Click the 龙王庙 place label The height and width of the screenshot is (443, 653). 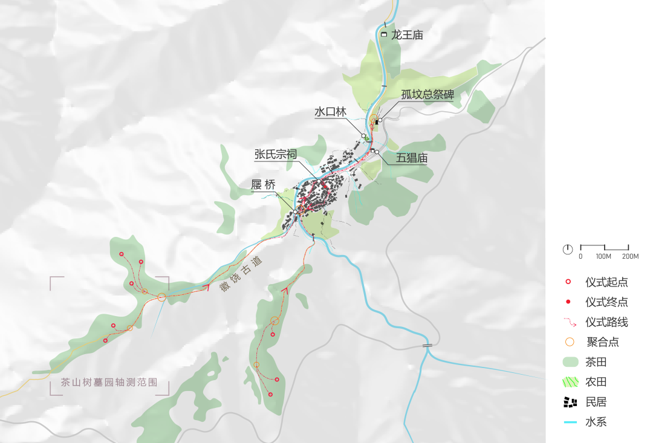(x=406, y=35)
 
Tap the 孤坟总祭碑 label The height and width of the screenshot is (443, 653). (x=427, y=94)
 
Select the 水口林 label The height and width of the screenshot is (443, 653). (x=330, y=112)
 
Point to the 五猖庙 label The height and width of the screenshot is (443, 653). (x=412, y=159)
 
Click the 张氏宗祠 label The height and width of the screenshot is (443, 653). (x=275, y=155)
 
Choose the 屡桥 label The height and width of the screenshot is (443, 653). (x=264, y=186)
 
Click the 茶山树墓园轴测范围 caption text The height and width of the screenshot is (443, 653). (x=109, y=383)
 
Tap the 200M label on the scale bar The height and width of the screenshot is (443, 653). (x=630, y=256)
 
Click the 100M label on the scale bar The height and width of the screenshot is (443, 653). (x=603, y=256)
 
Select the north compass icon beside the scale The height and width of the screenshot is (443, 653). (x=568, y=249)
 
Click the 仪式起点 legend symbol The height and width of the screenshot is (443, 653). (x=568, y=282)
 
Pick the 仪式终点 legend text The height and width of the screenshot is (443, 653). (x=606, y=302)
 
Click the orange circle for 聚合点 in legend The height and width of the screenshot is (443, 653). (x=569, y=342)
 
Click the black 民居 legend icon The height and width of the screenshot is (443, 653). (x=570, y=402)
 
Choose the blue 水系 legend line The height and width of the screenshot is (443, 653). (x=570, y=422)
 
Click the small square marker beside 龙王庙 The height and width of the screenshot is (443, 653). (x=384, y=34)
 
